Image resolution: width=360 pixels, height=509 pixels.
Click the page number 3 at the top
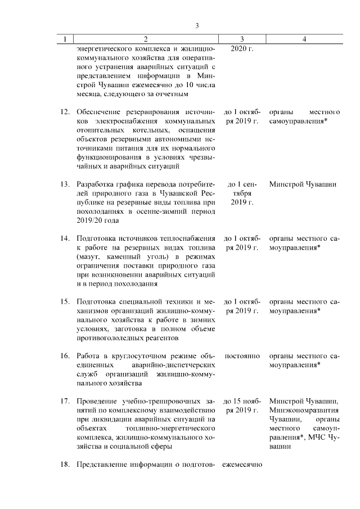[197, 25]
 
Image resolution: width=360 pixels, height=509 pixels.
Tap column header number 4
[304, 39]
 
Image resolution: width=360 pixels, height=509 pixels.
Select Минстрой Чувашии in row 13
[303, 184]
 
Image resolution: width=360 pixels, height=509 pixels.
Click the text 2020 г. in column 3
[242, 49]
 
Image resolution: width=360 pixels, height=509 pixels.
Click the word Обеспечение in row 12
[99, 112]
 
